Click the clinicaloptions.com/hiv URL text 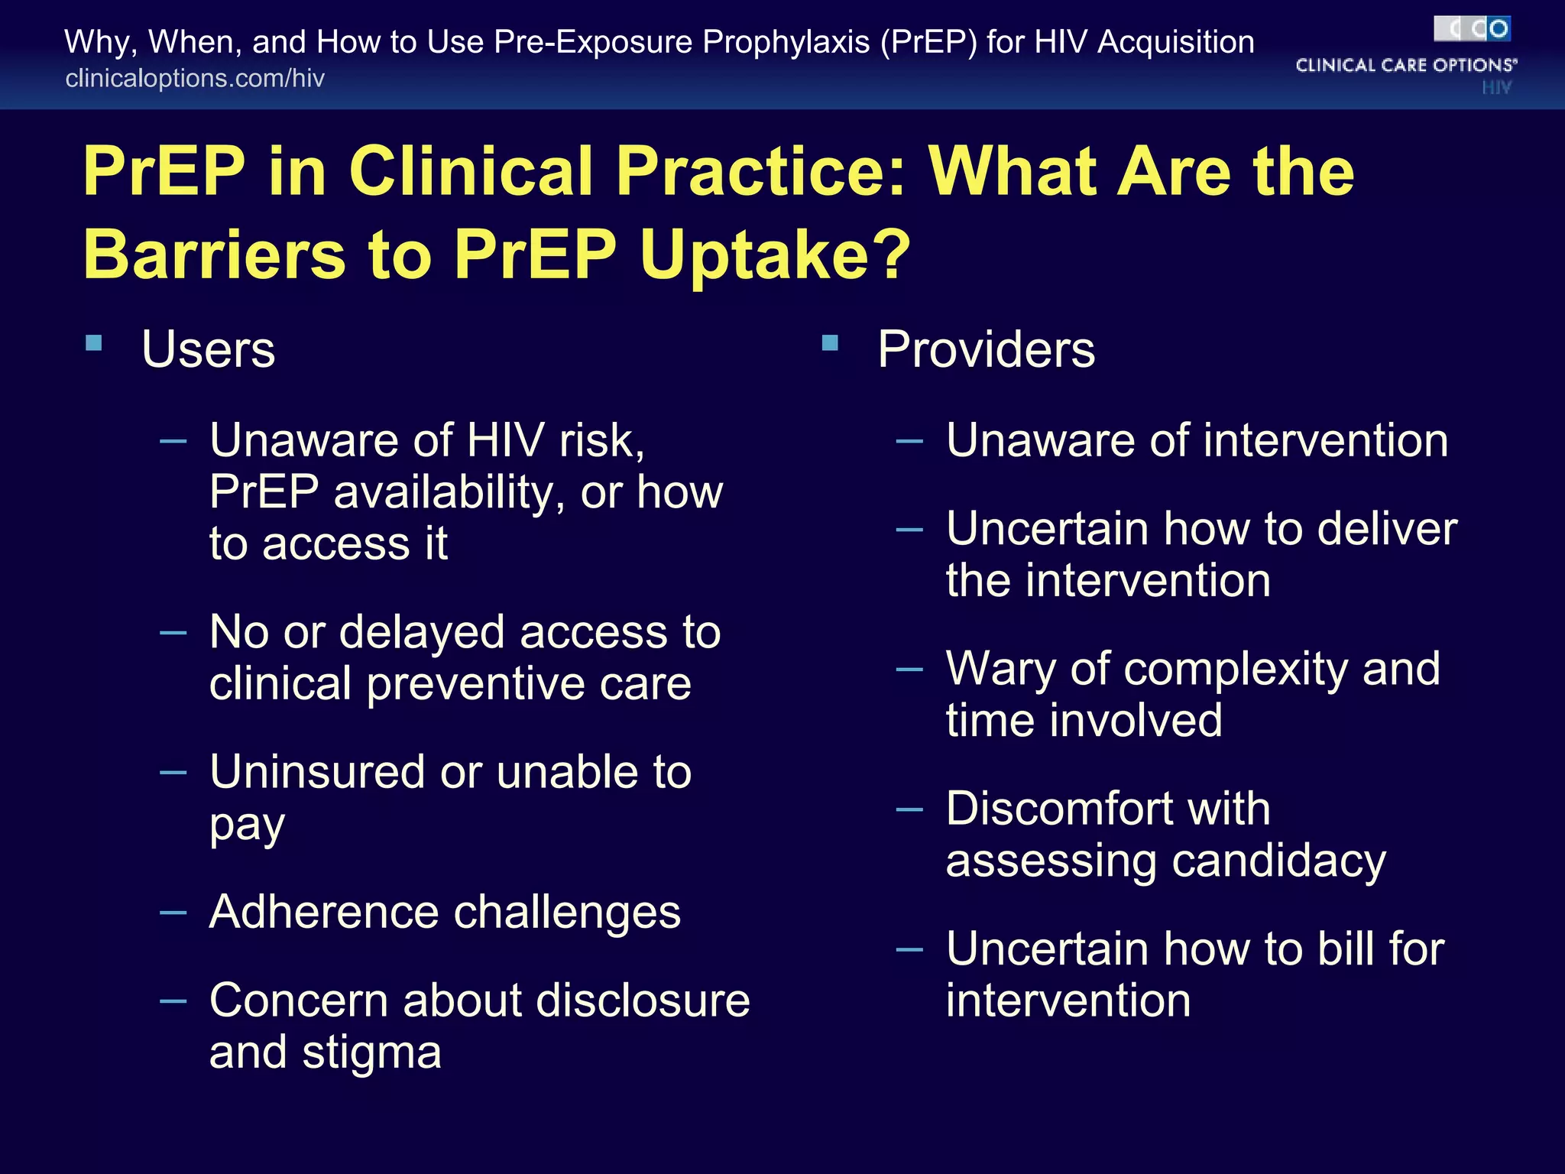(195, 78)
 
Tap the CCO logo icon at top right (1472, 29)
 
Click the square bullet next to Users (94, 342)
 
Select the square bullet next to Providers (830, 342)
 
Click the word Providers (986, 350)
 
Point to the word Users (208, 350)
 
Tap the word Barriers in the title (215, 254)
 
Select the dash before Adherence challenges (173, 913)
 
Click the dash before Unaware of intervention (909, 441)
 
